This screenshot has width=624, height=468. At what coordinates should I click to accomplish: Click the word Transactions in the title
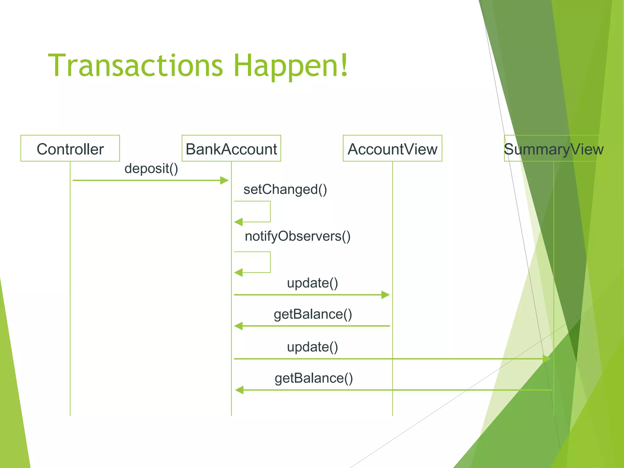click(x=136, y=66)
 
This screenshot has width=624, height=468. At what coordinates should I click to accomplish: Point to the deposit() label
click(x=151, y=168)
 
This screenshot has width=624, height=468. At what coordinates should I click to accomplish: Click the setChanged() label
click(x=285, y=190)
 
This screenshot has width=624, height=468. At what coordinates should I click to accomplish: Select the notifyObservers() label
click(x=298, y=236)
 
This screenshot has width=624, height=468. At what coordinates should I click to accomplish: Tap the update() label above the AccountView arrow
click(x=312, y=283)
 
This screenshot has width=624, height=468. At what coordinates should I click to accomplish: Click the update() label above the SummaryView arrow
click(x=312, y=347)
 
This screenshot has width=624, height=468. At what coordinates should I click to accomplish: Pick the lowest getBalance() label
click(x=314, y=378)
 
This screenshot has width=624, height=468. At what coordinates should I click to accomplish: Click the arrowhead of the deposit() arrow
click(x=225, y=180)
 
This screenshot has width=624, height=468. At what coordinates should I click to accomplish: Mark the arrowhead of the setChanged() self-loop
click(x=238, y=222)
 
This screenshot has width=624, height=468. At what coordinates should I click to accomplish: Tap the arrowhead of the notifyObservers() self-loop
click(x=238, y=273)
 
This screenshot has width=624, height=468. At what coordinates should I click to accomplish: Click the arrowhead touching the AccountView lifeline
click(x=386, y=295)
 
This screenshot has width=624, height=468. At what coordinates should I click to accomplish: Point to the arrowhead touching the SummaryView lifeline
click(x=547, y=359)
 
